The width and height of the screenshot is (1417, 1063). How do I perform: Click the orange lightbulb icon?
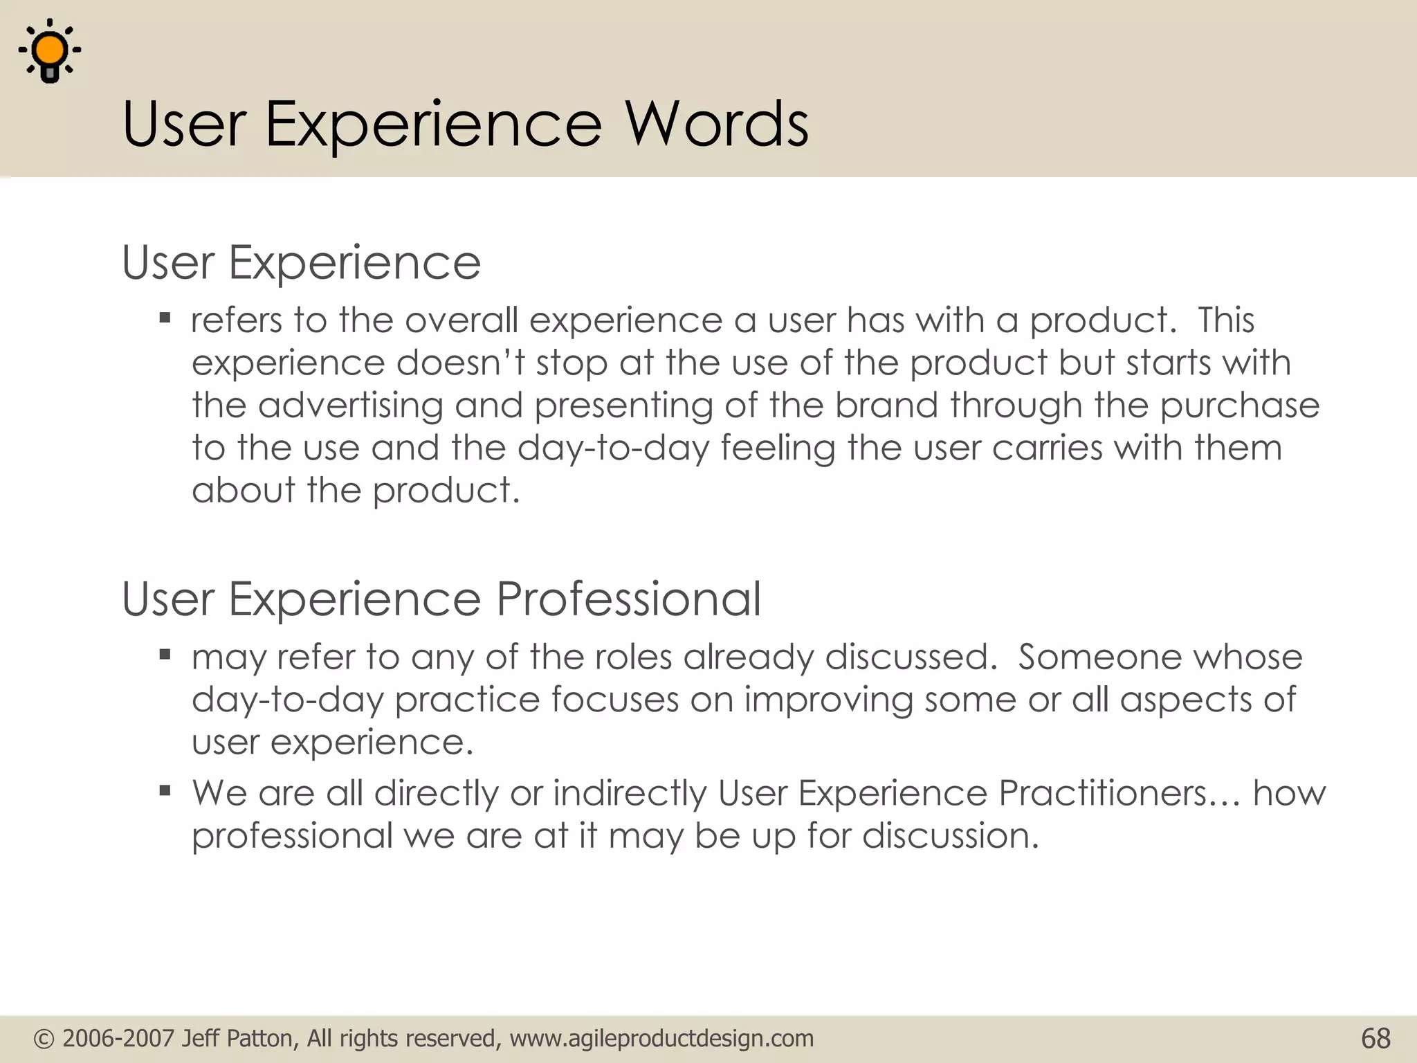coord(50,51)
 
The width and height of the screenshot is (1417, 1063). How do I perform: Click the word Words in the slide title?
coord(717,125)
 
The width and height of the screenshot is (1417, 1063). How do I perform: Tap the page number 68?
coord(1375,1039)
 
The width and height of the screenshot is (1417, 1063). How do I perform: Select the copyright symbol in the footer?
coord(44,1039)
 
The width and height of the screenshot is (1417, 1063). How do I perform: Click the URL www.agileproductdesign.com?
coord(661,1039)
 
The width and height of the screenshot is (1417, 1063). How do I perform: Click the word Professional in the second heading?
coord(628,599)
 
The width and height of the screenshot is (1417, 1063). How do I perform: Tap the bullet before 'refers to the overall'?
coord(165,319)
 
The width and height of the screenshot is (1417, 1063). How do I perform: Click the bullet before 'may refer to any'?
coord(165,655)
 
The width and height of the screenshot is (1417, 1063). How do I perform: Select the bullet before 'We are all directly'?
coord(165,790)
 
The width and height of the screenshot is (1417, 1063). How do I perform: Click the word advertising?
coord(350,406)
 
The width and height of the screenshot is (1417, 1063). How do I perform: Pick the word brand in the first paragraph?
coord(886,406)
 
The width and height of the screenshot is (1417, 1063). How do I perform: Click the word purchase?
coord(1240,407)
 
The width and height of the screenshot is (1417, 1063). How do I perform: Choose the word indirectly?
coord(629,793)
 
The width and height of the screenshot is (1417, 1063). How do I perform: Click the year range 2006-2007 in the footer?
coord(118,1039)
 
